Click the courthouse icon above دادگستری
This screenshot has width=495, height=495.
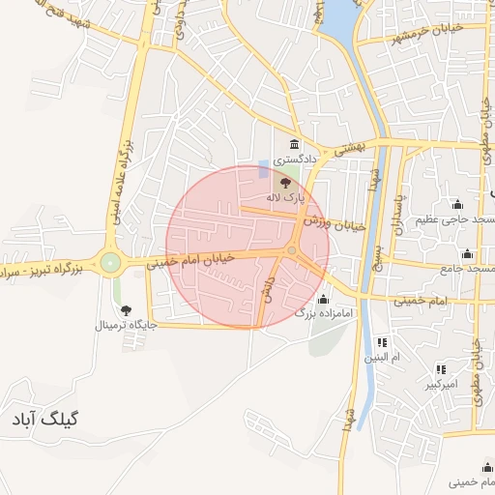pos(280,145)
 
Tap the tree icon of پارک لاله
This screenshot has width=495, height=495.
pos(284,181)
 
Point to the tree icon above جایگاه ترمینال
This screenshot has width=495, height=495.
pos(126,309)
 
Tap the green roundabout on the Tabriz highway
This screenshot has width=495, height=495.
pos(111,261)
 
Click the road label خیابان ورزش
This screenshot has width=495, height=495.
pos(334,223)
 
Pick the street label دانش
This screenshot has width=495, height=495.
pos(272,288)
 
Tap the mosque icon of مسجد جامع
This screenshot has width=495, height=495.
pos(468,253)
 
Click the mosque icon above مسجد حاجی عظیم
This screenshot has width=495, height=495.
pos(456,204)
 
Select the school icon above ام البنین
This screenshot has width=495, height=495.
pos(382,342)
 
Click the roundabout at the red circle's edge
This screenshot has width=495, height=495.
pos(291,250)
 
